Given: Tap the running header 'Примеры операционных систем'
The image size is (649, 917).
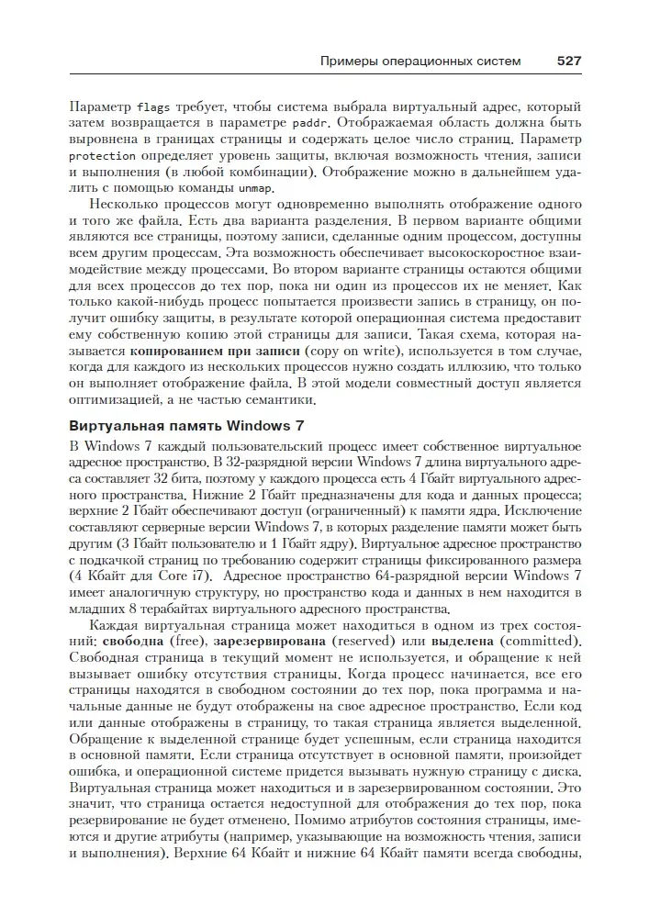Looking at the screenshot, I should tap(420, 62).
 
